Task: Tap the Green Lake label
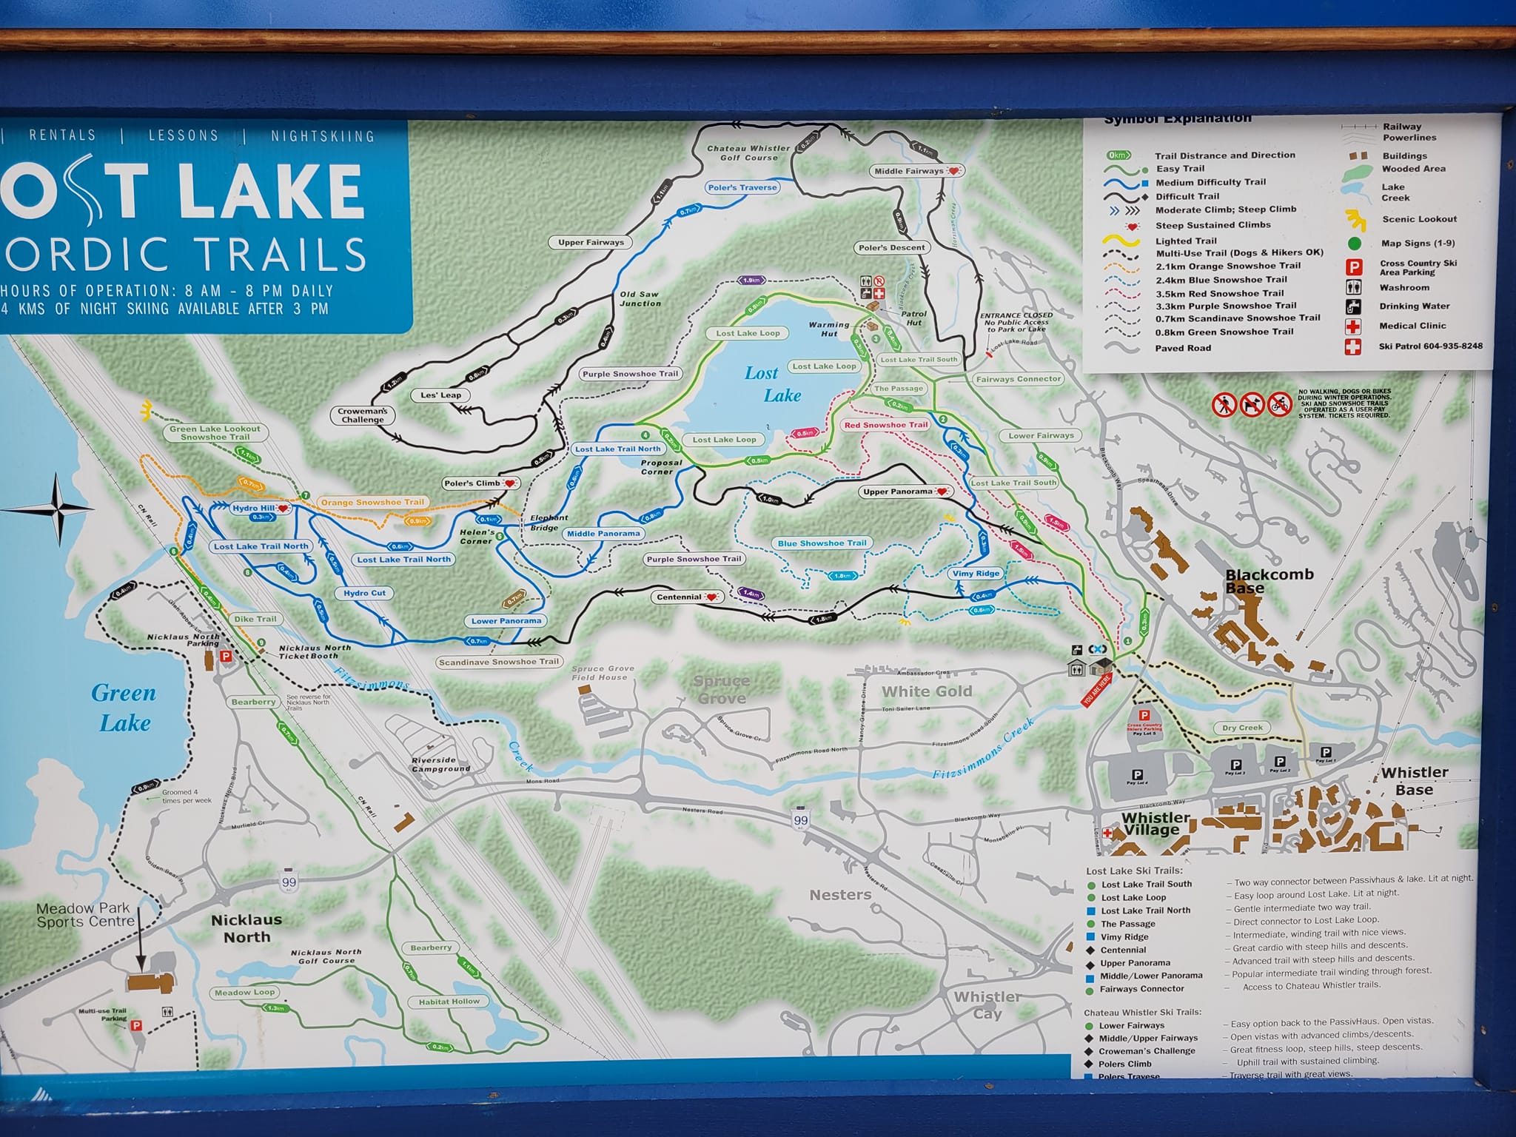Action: pyautogui.click(x=124, y=707)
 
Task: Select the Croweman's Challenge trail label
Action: pyautogui.click(x=362, y=415)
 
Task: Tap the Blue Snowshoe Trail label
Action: pyautogui.click(x=822, y=543)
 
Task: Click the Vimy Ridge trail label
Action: pyautogui.click(x=976, y=574)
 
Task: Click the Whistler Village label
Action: pyautogui.click(x=1156, y=823)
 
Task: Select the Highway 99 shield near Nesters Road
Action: pyautogui.click(x=800, y=820)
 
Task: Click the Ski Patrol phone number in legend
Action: pyautogui.click(x=1430, y=346)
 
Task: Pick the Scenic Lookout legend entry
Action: pyautogui.click(x=1418, y=219)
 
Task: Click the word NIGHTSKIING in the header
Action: pyautogui.click(x=322, y=136)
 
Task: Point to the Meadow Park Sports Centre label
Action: pyautogui.click(x=86, y=915)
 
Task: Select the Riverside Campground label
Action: pyautogui.click(x=441, y=764)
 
